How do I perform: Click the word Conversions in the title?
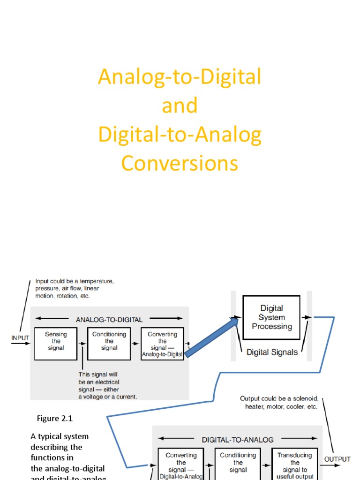(180, 164)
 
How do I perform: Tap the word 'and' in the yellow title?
(180, 106)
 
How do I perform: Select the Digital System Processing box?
(271, 317)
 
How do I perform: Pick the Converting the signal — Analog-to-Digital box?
(162, 344)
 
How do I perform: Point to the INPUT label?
(20, 337)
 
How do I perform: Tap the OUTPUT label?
(337, 459)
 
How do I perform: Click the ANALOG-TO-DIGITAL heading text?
(109, 320)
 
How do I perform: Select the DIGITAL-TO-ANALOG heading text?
(238, 440)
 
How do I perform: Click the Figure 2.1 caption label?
(55, 418)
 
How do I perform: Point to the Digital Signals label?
(272, 352)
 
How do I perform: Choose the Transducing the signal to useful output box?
(295, 465)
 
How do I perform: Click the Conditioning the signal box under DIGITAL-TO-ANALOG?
(238, 465)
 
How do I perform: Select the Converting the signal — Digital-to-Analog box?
(181, 465)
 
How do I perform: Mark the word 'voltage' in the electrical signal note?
(94, 397)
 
